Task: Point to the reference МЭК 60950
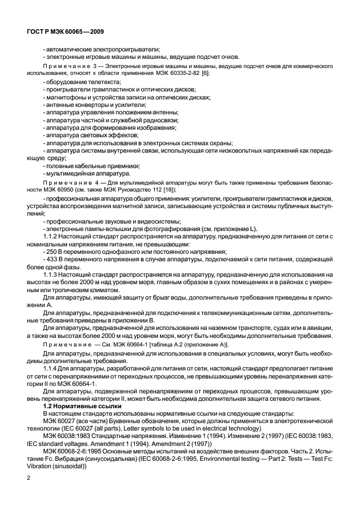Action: pos(63,189)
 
